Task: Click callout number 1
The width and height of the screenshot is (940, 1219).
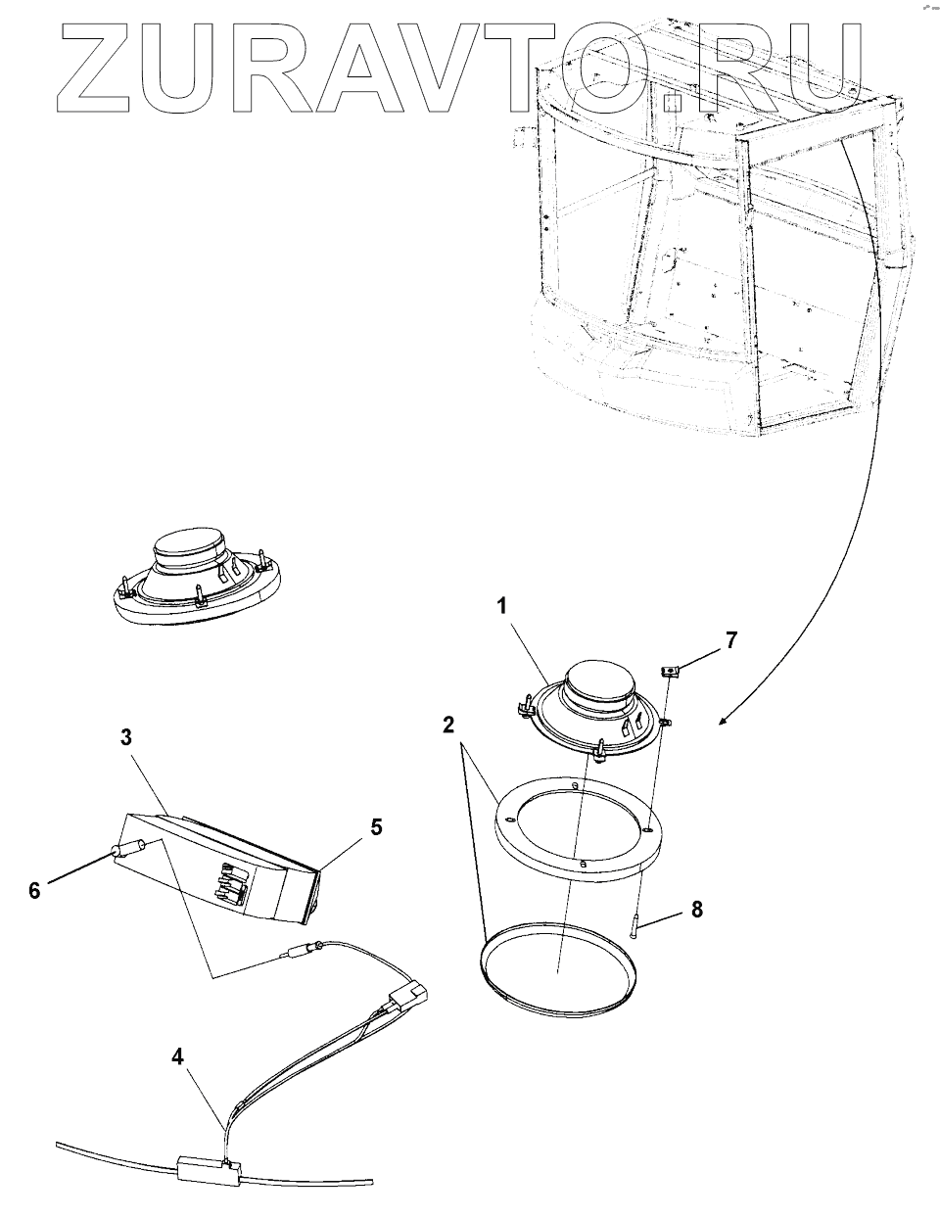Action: [501, 607]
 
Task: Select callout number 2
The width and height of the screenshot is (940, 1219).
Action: [446, 726]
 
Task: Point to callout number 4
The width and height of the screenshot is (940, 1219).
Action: [177, 1056]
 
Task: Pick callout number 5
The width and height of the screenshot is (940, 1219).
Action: [376, 826]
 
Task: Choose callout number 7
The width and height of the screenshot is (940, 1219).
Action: [731, 641]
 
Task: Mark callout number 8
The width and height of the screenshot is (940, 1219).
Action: [696, 909]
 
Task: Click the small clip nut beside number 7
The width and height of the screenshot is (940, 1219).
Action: [671, 671]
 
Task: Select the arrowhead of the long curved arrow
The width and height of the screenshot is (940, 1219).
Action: [724, 722]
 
